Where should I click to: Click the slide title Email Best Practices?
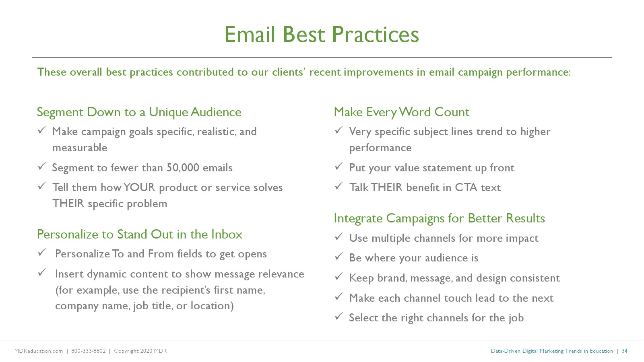[x=322, y=35]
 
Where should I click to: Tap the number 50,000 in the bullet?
[x=183, y=168]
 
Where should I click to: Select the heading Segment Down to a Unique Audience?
[x=139, y=112]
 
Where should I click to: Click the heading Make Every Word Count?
[x=401, y=112]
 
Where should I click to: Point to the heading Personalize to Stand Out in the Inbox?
[x=140, y=234]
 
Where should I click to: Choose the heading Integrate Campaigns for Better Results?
[x=439, y=218]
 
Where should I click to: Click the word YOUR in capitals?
[x=139, y=187]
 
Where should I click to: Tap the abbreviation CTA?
[x=466, y=187]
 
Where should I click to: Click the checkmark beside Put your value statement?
[x=339, y=167]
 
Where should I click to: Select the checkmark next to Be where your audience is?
[x=339, y=256]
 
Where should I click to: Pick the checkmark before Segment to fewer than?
[x=42, y=167]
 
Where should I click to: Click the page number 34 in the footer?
[x=624, y=351]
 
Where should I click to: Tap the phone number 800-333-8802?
[x=88, y=351]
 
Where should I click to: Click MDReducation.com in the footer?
[x=39, y=351]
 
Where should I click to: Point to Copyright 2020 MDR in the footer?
[x=140, y=351]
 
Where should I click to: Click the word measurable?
[x=80, y=148]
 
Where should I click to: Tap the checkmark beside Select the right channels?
[x=339, y=316]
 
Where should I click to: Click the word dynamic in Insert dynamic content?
[x=107, y=274]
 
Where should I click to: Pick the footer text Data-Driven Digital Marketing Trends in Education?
[x=552, y=351]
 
